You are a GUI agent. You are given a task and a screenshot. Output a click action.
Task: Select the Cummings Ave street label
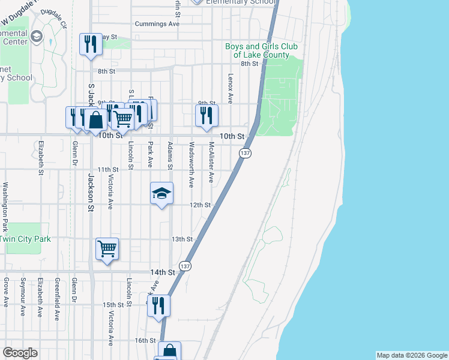[157, 24]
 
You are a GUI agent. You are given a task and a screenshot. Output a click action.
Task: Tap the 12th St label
[200, 205]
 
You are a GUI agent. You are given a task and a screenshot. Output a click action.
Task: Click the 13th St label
[181, 239]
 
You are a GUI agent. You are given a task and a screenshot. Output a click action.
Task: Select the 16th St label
[145, 340]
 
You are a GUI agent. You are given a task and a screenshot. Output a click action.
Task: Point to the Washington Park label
[5, 207]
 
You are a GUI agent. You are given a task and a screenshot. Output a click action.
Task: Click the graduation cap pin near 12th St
[161, 193]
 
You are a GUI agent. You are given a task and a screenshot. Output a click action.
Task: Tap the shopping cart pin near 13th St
[107, 248]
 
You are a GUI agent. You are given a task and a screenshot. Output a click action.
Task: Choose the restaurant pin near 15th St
[158, 305]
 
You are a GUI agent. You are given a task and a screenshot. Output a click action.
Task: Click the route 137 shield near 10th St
[245, 154]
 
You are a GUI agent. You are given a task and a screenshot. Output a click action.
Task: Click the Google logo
[20, 353]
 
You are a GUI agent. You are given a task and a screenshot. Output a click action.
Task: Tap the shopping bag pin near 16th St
[169, 350]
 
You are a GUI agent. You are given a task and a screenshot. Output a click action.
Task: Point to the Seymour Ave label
[22, 296]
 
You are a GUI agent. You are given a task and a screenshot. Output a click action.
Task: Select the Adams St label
[170, 155]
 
